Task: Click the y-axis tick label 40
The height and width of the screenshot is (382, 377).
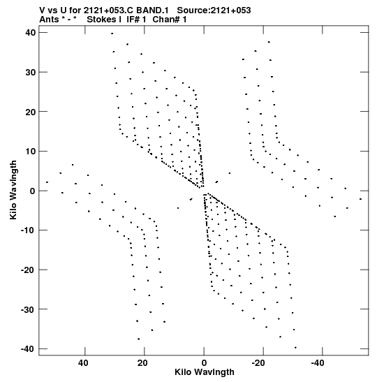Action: pyautogui.click(x=31, y=32)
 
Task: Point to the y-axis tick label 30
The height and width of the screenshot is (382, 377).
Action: pyautogui.click(x=31, y=72)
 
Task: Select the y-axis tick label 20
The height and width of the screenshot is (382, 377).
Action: pyautogui.click(x=31, y=112)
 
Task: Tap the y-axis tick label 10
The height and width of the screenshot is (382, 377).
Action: pyautogui.click(x=31, y=151)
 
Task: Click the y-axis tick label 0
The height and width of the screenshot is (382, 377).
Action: pyautogui.click(x=33, y=191)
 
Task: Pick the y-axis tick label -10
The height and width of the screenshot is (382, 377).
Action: pyautogui.click(x=29, y=230)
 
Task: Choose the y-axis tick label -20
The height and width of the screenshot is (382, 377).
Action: pyautogui.click(x=29, y=270)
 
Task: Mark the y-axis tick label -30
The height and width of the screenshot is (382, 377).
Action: pyautogui.click(x=29, y=309)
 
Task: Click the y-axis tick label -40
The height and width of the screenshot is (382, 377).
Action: pyautogui.click(x=29, y=348)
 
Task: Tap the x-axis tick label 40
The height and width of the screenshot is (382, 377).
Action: pyautogui.click(x=83, y=363)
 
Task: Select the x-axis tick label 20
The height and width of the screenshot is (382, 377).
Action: pyautogui.click(x=142, y=363)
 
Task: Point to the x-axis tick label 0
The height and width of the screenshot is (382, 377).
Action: pyautogui.click(x=204, y=363)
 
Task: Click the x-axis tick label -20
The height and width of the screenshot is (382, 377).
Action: pyautogui.click(x=258, y=363)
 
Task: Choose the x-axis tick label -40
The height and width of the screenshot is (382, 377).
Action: pyautogui.click(x=318, y=363)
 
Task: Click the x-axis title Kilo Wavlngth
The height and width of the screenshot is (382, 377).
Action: pyautogui.click(x=205, y=372)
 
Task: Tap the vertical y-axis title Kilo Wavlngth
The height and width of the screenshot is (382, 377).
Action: pyautogui.click(x=13, y=190)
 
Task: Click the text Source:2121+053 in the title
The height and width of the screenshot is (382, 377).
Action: pyautogui.click(x=214, y=10)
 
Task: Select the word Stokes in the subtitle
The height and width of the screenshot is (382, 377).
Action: pyautogui.click(x=102, y=20)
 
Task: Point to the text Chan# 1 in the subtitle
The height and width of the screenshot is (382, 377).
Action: pyautogui.click(x=170, y=20)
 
